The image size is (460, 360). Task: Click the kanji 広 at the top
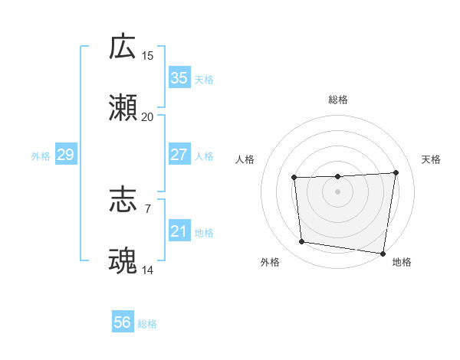123,47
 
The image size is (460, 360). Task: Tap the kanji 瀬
123,107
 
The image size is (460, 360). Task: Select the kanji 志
123,201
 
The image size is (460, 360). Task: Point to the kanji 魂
123,261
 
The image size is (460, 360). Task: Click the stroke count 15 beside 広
148,56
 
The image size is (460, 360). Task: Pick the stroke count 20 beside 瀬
148,116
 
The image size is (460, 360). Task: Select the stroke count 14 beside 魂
148,270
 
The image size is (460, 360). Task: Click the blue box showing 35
179,78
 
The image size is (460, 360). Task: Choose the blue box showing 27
179,155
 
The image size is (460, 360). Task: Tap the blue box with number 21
179,231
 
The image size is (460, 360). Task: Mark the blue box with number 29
66,155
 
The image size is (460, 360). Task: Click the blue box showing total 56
123,322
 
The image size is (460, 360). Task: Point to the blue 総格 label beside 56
147,324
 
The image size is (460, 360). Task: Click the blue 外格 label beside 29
41,156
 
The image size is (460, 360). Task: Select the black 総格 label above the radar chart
338,100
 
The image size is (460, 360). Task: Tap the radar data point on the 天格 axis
396,172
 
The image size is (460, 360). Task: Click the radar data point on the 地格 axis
383,254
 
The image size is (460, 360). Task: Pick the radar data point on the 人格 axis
294,178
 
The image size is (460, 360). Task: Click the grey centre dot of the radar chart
338,191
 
